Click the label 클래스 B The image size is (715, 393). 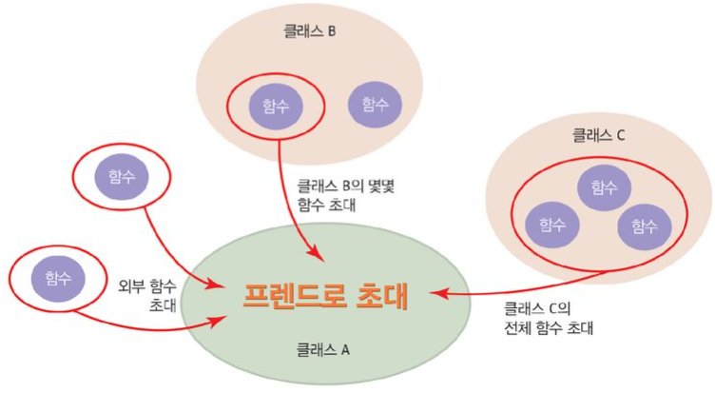[301, 31]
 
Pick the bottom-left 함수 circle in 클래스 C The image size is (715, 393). [552, 225]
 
